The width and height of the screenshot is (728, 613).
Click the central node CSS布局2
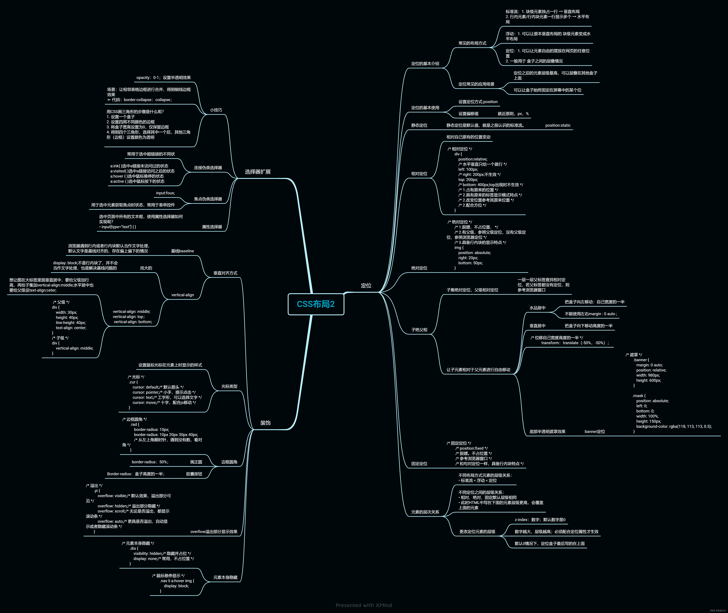pos(316,304)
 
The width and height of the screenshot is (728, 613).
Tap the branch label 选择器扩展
pos(258,172)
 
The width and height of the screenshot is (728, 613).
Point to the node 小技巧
pos(216,110)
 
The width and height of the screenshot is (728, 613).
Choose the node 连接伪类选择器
pos(208,167)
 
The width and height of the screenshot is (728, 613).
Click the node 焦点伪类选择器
pos(208,199)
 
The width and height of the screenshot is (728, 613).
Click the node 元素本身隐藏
pos(225,577)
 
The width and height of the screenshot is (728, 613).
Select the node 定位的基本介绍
pos(425,64)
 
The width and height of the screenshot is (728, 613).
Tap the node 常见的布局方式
pos(472,43)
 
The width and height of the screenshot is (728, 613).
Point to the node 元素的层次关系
pos(425,512)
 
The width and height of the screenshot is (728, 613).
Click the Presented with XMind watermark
pos(364,605)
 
